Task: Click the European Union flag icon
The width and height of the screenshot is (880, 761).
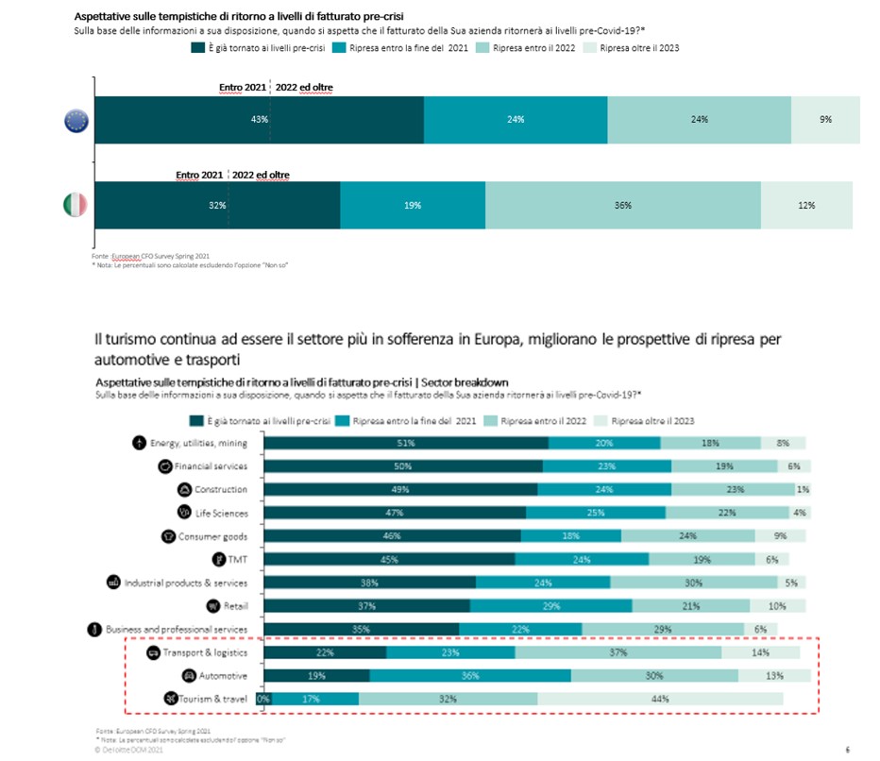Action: pyautogui.click(x=76, y=120)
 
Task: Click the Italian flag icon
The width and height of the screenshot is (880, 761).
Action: pyautogui.click(x=75, y=204)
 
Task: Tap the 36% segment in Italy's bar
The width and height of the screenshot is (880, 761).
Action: pyautogui.click(x=622, y=205)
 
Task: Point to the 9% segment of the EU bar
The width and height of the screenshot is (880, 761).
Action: pyautogui.click(x=826, y=120)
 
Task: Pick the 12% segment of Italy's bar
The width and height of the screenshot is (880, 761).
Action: pyautogui.click(x=806, y=205)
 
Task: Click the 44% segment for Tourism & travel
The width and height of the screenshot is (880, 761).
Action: pyautogui.click(x=660, y=699)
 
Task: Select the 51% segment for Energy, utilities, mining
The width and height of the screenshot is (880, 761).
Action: pyautogui.click(x=407, y=443)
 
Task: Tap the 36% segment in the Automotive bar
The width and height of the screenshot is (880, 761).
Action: pyautogui.click(x=469, y=676)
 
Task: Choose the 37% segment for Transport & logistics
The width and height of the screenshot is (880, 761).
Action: pyautogui.click(x=618, y=652)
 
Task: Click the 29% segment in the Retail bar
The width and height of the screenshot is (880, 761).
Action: pyautogui.click(x=550, y=606)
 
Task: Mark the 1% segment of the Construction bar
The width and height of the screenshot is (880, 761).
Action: pyautogui.click(x=803, y=489)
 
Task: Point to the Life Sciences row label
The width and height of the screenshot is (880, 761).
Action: pyautogui.click(x=220, y=513)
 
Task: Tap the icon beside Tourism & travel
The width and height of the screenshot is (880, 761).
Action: pyautogui.click(x=169, y=699)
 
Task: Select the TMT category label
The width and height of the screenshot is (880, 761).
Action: pyautogui.click(x=236, y=560)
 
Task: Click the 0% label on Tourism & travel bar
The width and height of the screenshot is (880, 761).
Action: pyautogui.click(x=263, y=699)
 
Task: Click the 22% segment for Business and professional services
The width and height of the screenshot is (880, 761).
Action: pyautogui.click(x=520, y=630)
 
